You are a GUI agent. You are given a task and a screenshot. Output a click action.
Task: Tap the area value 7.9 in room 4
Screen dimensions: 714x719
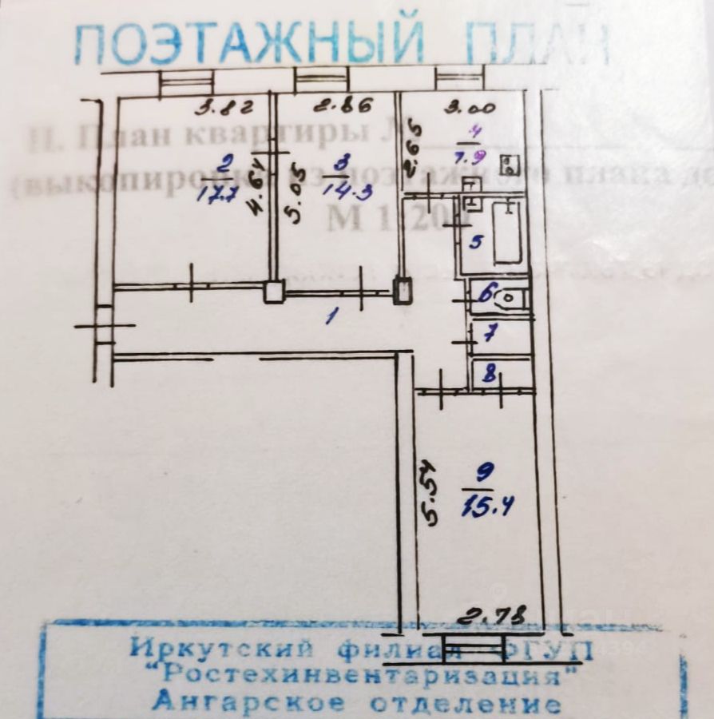tap(481, 156)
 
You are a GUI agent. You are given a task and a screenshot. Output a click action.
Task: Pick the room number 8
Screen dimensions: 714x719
tap(490, 373)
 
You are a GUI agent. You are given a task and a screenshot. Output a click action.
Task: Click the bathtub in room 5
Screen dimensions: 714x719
tap(508, 232)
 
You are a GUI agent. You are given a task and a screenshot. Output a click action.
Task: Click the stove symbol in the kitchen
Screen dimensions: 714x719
tap(508, 166)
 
